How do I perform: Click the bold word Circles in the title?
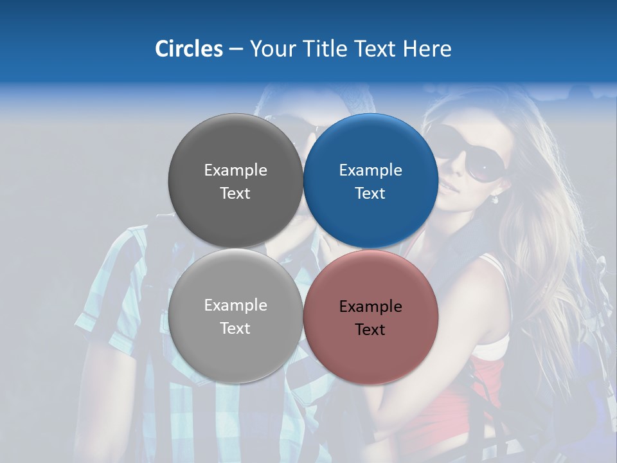pyautogui.click(x=189, y=49)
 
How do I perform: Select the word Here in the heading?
pyautogui.click(x=427, y=49)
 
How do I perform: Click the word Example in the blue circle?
pyautogui.click(x=370, y=170)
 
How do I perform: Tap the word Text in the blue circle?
pyautogui.click(x=370, y=193)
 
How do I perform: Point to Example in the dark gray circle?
pyautogui.click(x=235, y=170)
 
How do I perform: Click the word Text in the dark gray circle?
pyautogui.click(x=235, y=193)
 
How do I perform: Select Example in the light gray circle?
pyautogui.click(x=235, y=305)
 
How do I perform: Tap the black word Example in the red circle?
pyautogui.click(x=370, y=307)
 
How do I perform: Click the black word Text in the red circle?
pyautogui.click(x=370, y=329)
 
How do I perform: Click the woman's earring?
pyautogui.click(x=495, y=199)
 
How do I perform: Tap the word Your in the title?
pyautogui.click(x=272, y=49)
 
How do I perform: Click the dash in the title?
pyautogui.click(x=236, y=50)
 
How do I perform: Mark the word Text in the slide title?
pyautogui.click(x=376, y=49)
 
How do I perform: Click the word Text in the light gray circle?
pyautogui.click(x=235, y=328)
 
